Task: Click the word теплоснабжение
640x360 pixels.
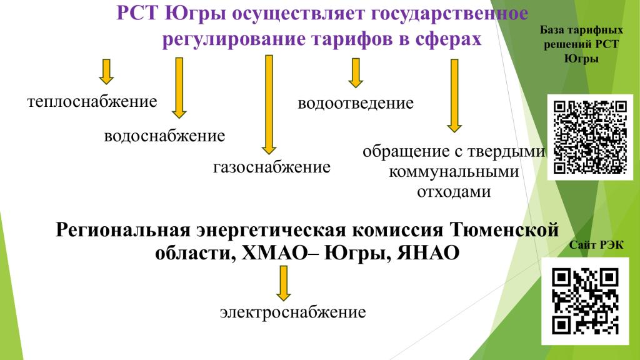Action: click(92, 102)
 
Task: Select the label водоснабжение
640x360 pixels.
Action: click(164, 136)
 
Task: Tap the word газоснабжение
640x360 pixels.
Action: click(272, 167)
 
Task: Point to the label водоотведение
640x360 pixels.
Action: click(356, 103)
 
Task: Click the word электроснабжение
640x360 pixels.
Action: click(293, 312)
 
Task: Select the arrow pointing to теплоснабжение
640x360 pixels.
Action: click(106, 72)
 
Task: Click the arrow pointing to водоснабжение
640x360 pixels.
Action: click(179, 87)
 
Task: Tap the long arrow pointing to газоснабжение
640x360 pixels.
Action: click(269, 104)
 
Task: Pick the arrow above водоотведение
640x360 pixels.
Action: click(356, 73)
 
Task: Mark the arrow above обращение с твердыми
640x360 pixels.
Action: click(454, 96)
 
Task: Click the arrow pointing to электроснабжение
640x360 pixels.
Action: click(283, 283)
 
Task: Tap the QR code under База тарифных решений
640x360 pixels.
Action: click(590, 137)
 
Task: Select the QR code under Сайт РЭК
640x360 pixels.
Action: click(585, 301)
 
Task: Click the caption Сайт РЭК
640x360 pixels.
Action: click(596, 245)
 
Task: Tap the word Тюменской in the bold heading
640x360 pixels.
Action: click(504, 229)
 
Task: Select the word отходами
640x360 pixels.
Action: click(454, 192)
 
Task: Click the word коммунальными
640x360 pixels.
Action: click(454, 172)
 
